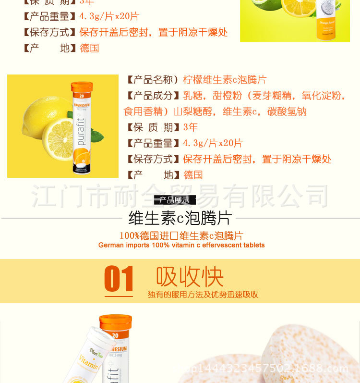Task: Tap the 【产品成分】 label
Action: (x=153, y=96)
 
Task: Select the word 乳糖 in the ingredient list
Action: (x=193, y=96)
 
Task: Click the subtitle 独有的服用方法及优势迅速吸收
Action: (x=203, y=295)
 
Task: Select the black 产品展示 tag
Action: (x=175, y=200)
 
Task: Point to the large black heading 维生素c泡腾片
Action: (x=180, y=218)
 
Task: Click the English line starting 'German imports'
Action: (x=181, y=245)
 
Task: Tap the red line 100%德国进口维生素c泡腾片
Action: (x=181, y=235)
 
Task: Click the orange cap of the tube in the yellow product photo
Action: (x=82, y=87)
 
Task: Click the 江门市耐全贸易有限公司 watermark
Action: (x=180, y=196)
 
